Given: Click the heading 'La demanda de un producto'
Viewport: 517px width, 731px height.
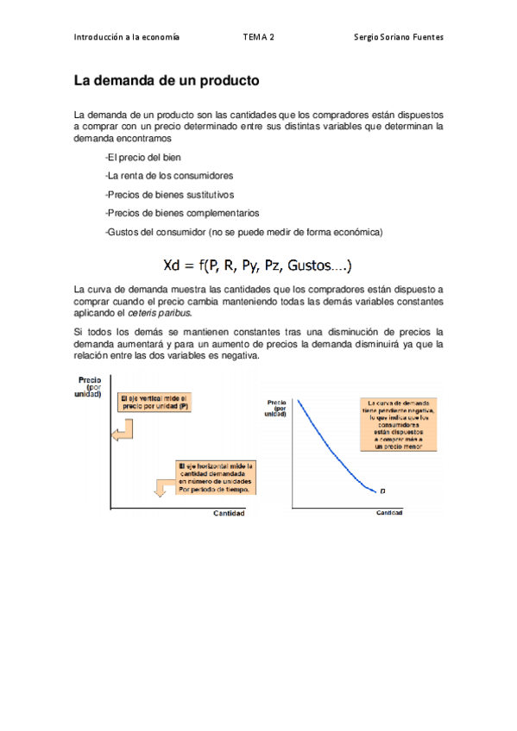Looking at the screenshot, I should click(x=166, y=82).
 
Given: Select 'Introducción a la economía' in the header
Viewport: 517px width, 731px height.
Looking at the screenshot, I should click(x=126, y=37).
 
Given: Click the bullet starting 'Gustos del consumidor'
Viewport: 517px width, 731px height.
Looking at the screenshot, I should click(x=243, y=232).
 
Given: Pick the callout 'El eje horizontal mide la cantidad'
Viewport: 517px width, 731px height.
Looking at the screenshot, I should click(x=215, y=478).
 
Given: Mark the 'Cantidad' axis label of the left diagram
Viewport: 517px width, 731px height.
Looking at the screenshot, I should click(x=229, y=515).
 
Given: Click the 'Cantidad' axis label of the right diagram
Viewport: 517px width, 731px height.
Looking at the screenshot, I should click(x=389, y=512).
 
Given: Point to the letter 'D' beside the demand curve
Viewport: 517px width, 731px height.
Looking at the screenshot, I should click(x=382, y=491).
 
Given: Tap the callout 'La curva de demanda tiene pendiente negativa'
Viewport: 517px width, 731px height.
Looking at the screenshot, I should click(x=398, y=412).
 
